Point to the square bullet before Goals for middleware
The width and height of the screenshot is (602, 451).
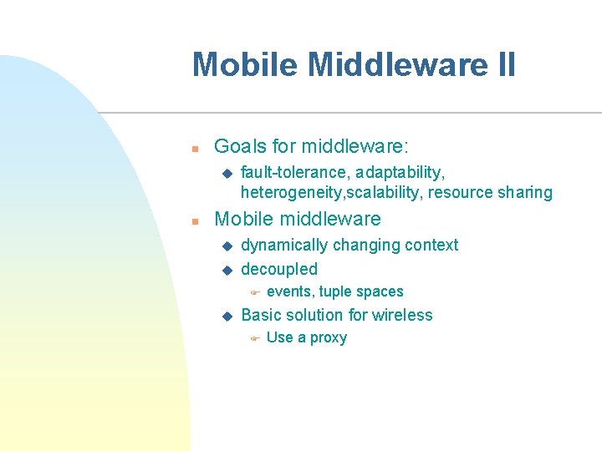193,149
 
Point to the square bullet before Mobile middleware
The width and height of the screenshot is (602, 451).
193,221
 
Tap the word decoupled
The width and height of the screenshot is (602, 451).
279,269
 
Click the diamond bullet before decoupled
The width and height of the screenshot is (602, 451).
226,270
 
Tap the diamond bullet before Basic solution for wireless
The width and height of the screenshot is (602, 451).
226,316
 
